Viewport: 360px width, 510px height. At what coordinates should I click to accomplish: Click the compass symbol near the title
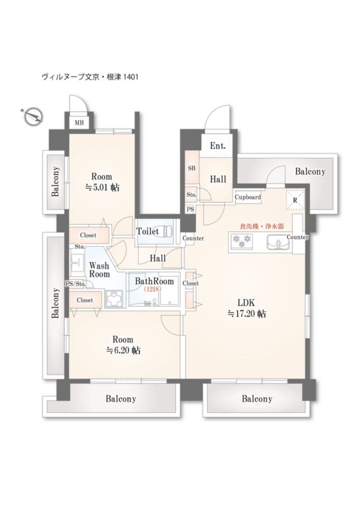coord(34,116)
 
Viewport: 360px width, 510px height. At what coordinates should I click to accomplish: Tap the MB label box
coord(79,122)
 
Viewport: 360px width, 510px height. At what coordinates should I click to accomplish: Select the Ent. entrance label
coord(217,145)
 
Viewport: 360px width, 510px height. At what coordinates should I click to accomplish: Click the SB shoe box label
coord(192,168)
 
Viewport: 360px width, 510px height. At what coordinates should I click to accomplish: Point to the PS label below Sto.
coord(191,210)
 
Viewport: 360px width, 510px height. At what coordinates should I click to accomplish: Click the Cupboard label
coord(248,197)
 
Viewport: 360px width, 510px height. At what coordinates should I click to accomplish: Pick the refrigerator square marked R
coord(295,200)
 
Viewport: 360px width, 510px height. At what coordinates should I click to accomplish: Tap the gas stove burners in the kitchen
coord(241,242)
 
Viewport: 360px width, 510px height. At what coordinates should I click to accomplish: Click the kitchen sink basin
coord(278,242)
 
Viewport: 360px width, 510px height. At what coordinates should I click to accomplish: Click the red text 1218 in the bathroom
coord(152,289)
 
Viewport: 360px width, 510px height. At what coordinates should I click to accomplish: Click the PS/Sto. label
coord(76,284)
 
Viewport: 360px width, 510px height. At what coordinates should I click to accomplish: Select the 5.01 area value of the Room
coord(102,187)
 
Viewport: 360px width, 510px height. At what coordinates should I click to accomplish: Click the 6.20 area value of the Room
coord(123,350)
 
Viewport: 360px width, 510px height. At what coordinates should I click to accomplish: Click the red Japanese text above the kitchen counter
coord(262,226)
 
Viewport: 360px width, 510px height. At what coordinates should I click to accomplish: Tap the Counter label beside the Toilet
coord(193,238)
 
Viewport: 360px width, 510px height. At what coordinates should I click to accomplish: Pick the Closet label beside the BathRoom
coord(191,283)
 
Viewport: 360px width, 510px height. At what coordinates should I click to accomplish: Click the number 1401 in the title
coord(131,77)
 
